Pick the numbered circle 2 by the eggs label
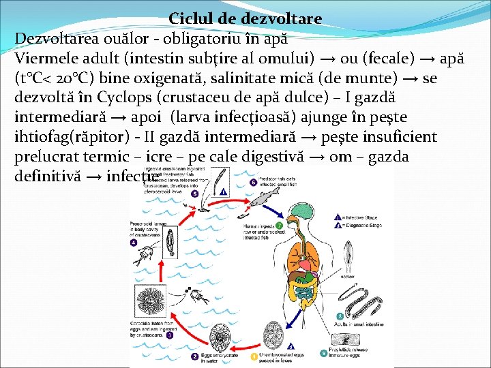click(x=194, y=356)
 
